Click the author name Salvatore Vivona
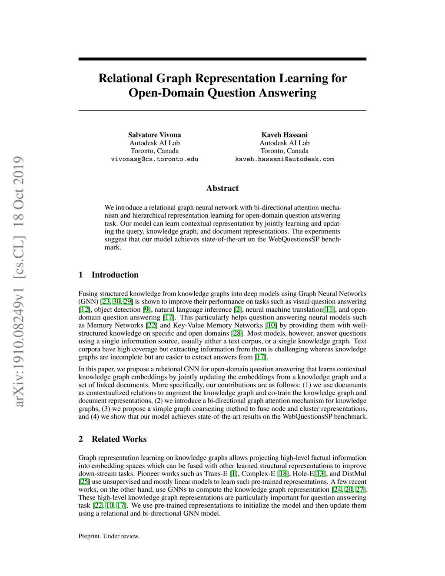(x=154, y=135)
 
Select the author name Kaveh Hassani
(x=284, y=135)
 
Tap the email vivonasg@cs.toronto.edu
(x=154, y=159)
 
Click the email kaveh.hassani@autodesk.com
(x=284, y=159)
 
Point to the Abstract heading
(x=222, y=188)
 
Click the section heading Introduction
(x=115, y=275)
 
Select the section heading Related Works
(x=119, y=439)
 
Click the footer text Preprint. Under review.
(x=109, y=536)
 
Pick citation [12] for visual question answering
(x=84, y=310)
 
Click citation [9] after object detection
(x=147, y=310)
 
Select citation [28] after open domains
(x=237, y=333)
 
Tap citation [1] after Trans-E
(x=234, y=474)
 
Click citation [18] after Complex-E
(x=283, y=474)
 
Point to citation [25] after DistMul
(x=84, y=482)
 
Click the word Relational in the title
(x=126, y=78)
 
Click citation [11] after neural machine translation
(x=329, y=310)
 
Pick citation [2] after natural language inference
(x=238, y=310)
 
